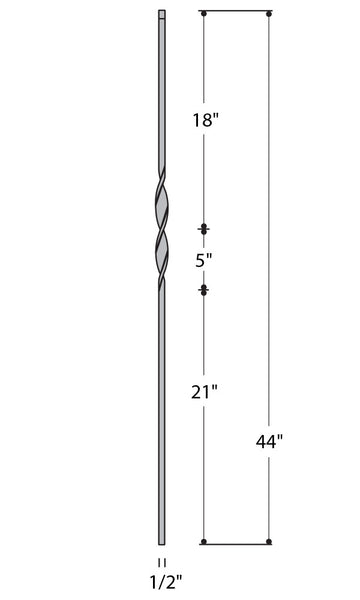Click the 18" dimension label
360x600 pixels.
point(205,122)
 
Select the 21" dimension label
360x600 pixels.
point(205,393)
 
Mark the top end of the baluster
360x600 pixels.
point(161,14)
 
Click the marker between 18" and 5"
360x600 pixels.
point(204,229)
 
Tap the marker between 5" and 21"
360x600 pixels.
point(204,290)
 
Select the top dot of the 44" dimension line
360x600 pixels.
point(269,13)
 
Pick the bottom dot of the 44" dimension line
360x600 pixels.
point(269,542)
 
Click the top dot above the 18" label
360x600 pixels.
point(204,13)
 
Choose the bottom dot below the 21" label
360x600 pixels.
point(204,542)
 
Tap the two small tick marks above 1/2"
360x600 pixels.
point(161,562)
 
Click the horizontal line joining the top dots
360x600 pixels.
point(237,13)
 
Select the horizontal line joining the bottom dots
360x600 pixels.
point(237,542)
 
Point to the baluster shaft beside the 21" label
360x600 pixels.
point(161,393)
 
